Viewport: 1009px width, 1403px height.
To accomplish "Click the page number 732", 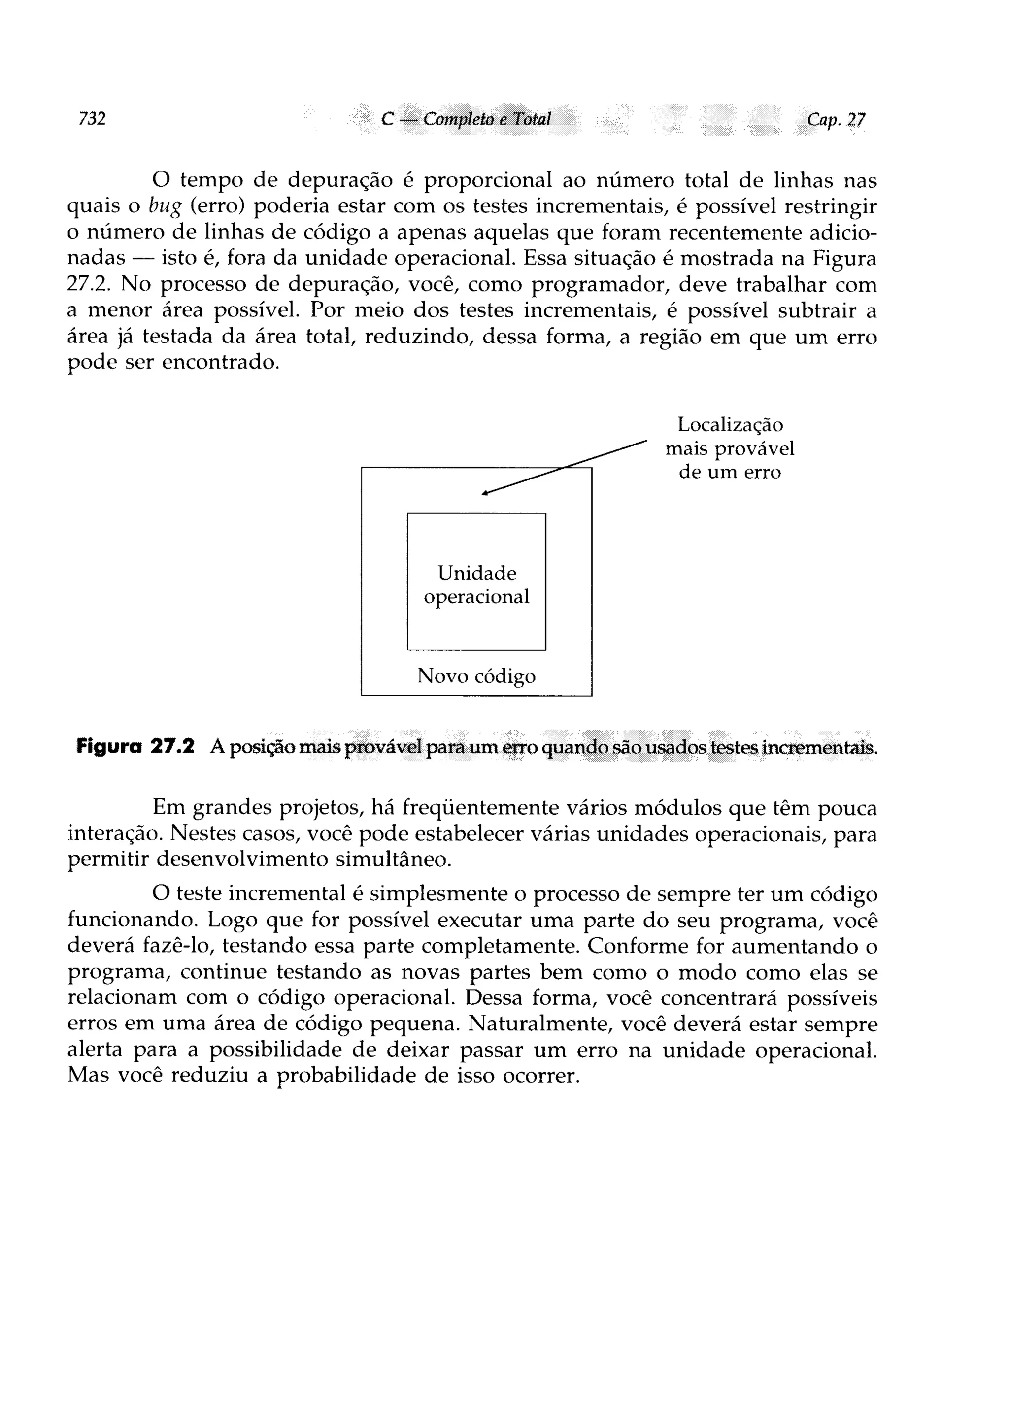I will point(92,118).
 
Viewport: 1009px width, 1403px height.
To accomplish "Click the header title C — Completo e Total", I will point(466,119).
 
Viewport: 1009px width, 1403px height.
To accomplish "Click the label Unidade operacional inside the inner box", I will point(476,584).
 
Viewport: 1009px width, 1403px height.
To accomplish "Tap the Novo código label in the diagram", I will point(476,676).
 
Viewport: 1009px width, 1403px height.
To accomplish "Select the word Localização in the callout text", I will point(730,425).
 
